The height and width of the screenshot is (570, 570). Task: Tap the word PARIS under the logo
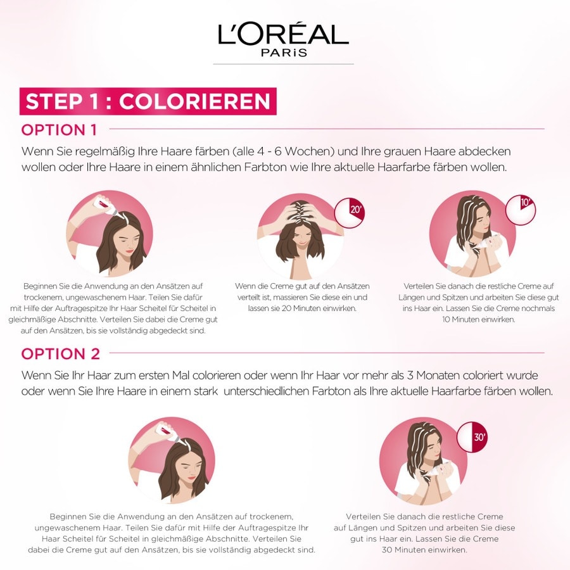click(x=284, y=53)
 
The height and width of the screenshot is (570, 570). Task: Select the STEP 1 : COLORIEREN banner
click(x=148, y=101)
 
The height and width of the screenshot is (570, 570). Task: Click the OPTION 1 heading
click(x=59, y=130)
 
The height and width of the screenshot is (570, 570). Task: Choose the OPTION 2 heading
click(x=60, y=353)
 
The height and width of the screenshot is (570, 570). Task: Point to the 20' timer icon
click(x=350, y=213)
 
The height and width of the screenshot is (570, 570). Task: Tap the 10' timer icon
click(x=521, y=210)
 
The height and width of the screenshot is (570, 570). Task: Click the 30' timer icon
click(x=472, y=437)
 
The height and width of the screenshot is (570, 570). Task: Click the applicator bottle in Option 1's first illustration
click(x=106, y=206)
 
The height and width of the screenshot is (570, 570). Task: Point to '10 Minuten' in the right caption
click(x=462, y=320)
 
